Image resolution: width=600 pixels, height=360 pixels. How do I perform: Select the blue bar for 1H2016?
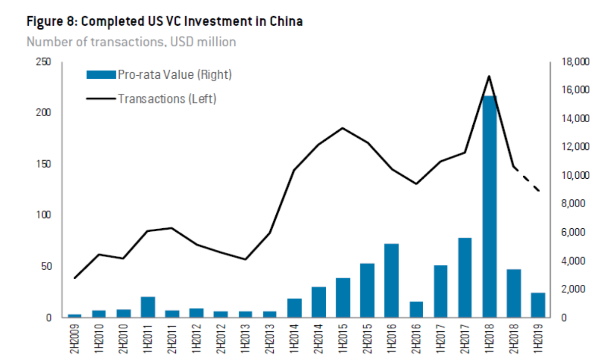point(391,280)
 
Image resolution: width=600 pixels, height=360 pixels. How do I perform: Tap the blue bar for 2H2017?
point(465,277)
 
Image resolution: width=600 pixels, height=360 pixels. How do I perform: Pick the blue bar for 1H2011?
point(147,307)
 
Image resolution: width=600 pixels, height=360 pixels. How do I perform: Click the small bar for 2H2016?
point(416,310)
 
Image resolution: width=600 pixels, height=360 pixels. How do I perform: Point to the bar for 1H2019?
point(537,305)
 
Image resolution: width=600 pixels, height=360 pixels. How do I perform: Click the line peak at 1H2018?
point(489,76)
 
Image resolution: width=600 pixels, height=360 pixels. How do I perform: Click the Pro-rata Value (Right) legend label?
point(174,75)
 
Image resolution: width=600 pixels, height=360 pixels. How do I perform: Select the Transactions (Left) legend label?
point(167,98)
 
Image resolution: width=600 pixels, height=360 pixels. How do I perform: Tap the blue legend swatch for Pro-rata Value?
point(101,75)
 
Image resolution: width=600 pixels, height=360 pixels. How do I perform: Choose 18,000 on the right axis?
point(575,62)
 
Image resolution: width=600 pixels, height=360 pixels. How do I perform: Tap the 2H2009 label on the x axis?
point(75,340)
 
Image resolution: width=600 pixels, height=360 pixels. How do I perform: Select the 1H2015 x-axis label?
point(343,340)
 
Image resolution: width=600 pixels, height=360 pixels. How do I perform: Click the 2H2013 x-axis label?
point(270,340)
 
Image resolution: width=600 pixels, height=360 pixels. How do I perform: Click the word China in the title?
point(285,22)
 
